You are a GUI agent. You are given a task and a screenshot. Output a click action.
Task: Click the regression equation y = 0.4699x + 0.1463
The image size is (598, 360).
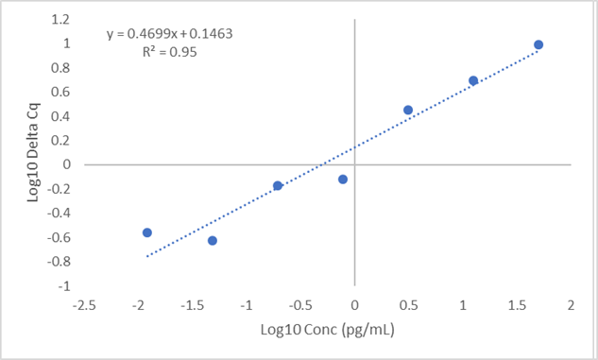click(169, 34)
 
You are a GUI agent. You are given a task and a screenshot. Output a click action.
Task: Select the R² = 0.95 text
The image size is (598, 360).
click(168, 52)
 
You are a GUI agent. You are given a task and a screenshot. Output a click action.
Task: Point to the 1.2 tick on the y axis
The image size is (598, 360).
click(60, 19)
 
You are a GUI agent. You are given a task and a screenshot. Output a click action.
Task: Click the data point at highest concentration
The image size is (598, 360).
click(538, 44)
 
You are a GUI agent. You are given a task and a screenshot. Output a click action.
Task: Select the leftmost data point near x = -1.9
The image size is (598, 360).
click(147, 232)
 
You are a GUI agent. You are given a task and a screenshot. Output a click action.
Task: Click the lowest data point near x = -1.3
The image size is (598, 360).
click(213, 241)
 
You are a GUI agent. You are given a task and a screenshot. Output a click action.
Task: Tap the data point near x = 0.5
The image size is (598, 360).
click(408, 110)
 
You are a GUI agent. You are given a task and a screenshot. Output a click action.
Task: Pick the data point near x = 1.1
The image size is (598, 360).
click(473, 80)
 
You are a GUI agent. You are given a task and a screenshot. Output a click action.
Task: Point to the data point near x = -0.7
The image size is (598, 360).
click(278, 185)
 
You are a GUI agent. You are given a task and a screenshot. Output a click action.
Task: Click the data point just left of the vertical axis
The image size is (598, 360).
click(343, 179)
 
